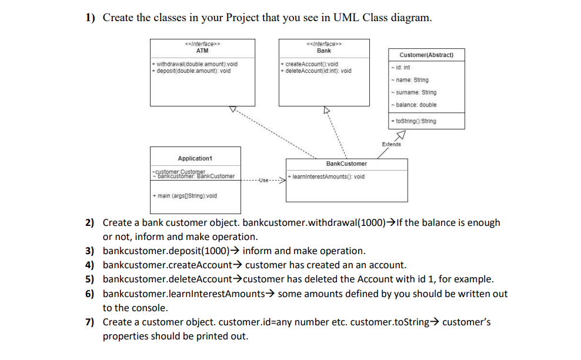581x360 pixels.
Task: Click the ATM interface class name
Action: tap(202, 51)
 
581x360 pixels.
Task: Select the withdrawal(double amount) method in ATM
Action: tap(195, 64)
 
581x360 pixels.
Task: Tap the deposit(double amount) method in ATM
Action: tap(191, 71)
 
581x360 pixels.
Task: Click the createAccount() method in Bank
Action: tap(310, 64)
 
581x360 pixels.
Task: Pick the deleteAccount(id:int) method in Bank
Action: tap(317, 71)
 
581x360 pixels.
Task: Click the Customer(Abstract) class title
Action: tap(426, 55)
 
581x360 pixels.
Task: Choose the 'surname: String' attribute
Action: tap(415, 92)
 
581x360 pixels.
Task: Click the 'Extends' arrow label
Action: tap(391, 144)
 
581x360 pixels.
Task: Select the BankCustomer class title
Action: tap(346, 164)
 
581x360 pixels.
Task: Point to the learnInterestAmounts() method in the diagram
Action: tap(327, 176)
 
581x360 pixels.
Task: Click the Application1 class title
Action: tap(195, 158)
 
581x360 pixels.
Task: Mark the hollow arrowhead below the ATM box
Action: tap(233, 109)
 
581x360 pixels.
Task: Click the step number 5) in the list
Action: tap(90, 279)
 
